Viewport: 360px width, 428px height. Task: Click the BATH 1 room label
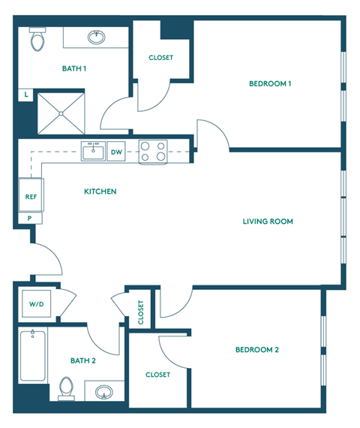74,69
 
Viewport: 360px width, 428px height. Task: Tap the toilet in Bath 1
37,41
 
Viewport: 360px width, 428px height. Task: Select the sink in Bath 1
97,36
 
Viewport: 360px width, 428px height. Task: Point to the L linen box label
27,95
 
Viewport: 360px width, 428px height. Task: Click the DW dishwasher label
116,152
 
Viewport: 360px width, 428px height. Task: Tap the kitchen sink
94,152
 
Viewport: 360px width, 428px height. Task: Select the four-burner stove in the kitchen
152,152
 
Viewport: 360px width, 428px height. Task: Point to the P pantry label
29,219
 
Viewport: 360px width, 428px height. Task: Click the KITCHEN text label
100,192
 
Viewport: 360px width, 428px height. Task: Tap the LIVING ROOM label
268,222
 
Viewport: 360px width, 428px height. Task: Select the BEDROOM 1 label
270,84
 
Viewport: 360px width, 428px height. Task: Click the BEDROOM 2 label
256,350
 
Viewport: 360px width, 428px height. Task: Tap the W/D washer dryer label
36,305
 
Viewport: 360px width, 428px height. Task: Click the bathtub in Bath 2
34,355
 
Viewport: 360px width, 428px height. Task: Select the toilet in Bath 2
66,390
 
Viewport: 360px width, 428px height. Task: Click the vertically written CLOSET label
141,312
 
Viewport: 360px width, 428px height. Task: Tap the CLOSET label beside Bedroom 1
161,58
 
